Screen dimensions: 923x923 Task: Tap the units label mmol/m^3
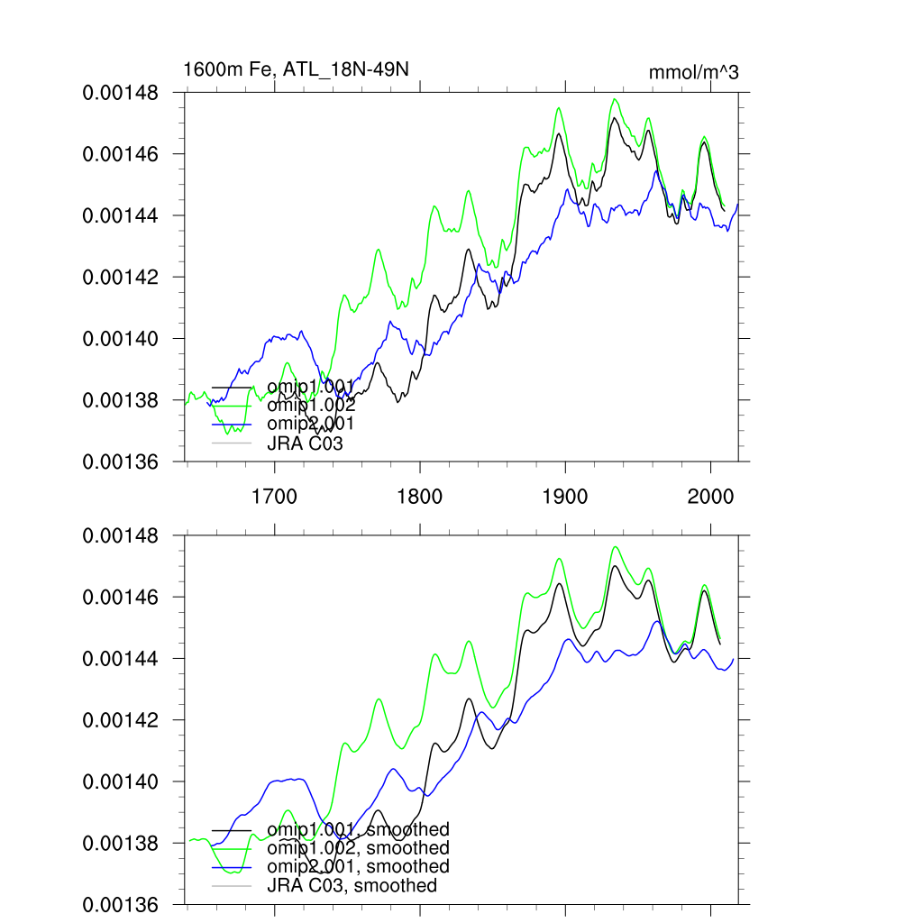694,73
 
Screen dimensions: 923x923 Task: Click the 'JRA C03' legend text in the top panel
305,443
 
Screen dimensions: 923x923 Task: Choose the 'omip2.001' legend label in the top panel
310,424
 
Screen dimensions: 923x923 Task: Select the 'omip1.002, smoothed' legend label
358,848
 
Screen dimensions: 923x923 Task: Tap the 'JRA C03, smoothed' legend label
352,886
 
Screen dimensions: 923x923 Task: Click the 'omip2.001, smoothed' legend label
358,867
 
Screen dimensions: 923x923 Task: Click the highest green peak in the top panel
615,99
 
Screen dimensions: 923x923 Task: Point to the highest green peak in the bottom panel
615,546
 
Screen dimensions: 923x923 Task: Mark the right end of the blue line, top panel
738,204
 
